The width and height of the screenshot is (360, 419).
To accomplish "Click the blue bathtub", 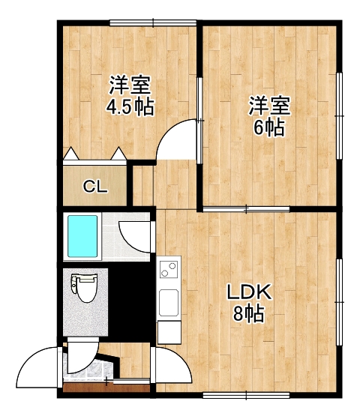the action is tap(82, 236).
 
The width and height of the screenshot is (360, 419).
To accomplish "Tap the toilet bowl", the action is tap(85, 289).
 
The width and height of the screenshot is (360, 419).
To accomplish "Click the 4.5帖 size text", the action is tap(130, 106).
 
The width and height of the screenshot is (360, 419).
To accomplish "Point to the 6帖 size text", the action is tap(269, 127).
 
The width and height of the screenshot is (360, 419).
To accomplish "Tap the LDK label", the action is tap(249, 292).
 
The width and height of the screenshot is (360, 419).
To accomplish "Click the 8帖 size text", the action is tap(249, 313).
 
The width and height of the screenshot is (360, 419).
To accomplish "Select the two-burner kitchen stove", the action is tap(169, 269).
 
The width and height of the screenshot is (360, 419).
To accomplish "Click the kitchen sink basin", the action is tap(169, 303).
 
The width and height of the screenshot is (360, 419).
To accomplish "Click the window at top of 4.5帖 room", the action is tap(153, 23).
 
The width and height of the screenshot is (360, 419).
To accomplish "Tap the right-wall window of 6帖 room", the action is tap(339, 116).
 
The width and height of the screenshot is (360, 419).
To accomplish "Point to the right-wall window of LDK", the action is tap(339, 302).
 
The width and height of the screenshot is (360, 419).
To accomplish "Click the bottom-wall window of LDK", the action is tap(246, 395).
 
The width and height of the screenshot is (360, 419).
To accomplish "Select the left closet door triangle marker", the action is tap(71, 154).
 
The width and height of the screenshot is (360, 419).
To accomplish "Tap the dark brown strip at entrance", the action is tap(106, 388).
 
